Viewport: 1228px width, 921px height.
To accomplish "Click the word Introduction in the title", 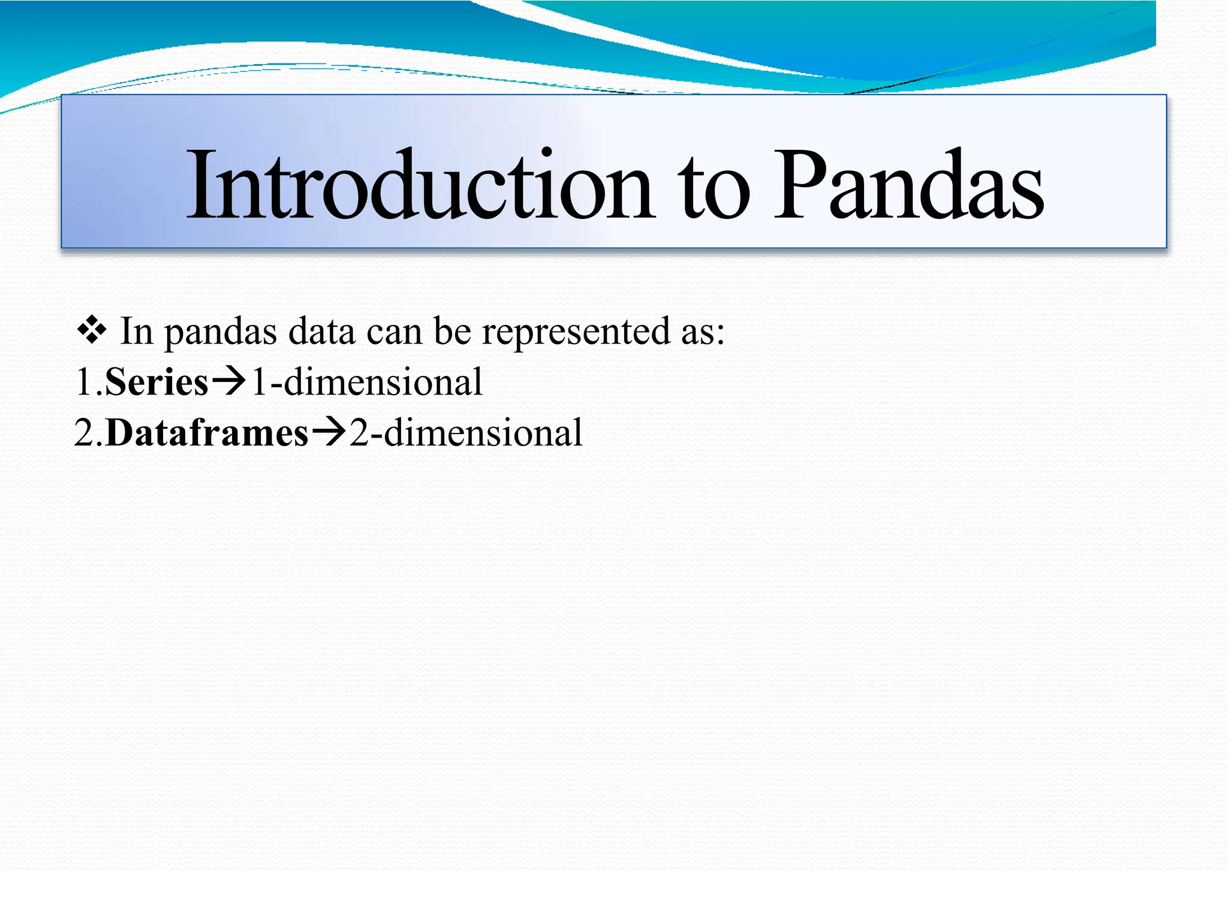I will (420, 186).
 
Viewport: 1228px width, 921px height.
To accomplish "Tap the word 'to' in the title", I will (713, 189).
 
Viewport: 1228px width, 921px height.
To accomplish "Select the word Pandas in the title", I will (909, 186).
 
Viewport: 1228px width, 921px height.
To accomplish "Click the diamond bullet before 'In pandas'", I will (92, 331).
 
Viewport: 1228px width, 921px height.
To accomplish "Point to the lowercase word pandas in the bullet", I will (220, 333).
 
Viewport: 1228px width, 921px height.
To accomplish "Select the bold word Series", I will (156, 382).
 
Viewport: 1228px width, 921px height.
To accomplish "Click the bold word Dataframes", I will (207, 433).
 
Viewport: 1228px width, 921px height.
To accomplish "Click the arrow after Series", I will (228, 381).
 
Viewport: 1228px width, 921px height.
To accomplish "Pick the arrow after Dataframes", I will (329, 432).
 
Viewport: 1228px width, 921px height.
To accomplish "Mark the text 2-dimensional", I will (466, 433).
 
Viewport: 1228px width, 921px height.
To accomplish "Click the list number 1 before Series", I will (83, 382).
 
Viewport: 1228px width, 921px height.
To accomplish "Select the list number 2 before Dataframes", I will (84, 433).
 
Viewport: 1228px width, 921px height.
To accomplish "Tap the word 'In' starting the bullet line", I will (137, 331).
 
